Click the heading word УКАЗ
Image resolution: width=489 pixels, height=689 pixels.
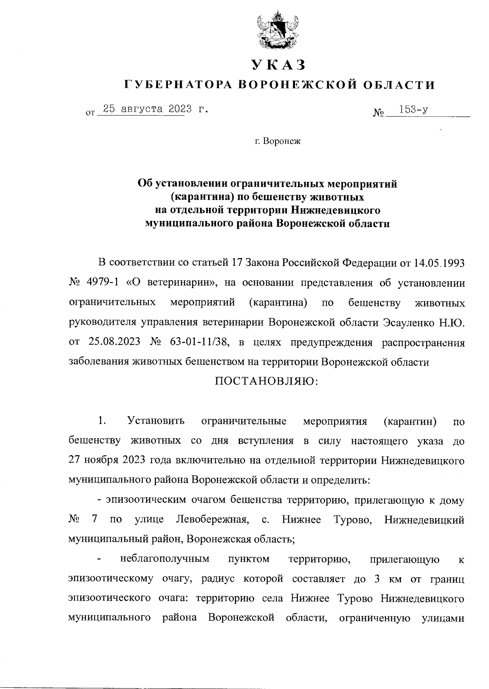click(278, 65)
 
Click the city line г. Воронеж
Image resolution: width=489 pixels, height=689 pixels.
click(277, 142)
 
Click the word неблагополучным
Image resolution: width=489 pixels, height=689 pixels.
click(165, 559)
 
